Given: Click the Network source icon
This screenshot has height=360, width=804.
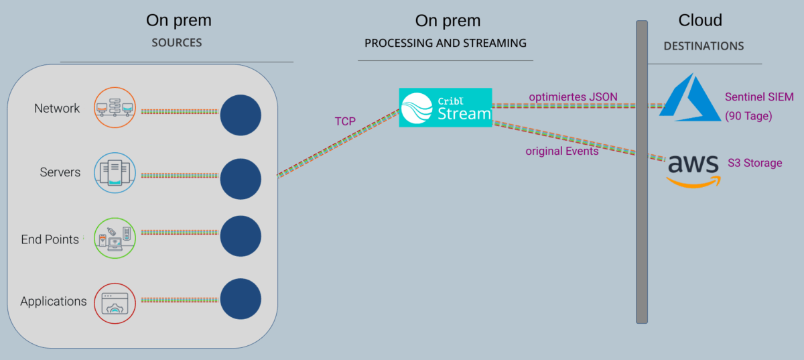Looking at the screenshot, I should pos(115,107).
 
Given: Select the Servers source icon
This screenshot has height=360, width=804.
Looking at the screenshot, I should pos(115,172).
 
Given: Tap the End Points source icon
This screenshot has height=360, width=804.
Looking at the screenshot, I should pos(115,238).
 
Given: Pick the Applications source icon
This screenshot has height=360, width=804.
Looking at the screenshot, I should pos(115,303).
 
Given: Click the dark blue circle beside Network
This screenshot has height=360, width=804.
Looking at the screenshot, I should pos(241,115).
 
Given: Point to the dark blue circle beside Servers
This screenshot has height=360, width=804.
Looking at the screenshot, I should pos(241,178).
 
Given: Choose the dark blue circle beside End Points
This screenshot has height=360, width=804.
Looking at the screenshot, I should pos(241,237).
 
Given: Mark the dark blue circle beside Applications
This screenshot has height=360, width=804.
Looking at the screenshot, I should pos(241,299).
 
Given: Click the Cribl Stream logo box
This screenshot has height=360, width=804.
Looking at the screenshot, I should pos(446,107).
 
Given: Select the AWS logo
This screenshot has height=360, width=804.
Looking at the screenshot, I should pos(693,168).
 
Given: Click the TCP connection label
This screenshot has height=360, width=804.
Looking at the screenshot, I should pos(346,122).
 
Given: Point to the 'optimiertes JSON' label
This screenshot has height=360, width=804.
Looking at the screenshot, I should pos(573,97).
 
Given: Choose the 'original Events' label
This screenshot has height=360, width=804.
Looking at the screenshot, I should pos(561,151).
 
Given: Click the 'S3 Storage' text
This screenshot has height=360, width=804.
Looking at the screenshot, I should pos(755,163).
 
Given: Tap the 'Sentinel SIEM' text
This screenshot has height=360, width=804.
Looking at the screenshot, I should pos(759,97).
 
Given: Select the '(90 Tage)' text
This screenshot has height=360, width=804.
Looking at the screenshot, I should pos(749,116).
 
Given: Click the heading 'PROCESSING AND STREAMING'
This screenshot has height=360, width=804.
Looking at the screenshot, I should pos(446,43).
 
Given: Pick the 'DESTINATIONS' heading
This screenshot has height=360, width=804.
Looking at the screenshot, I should pos(703,46).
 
